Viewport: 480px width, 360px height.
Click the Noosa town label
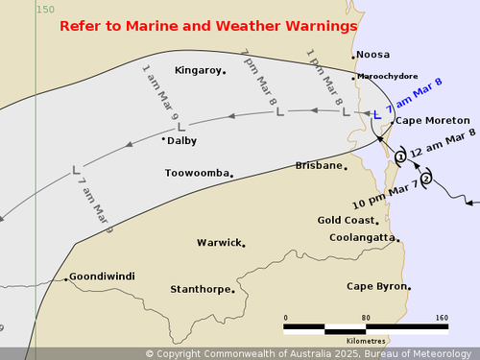373,55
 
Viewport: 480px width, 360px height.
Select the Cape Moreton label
433,121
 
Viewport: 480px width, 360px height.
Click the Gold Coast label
346,220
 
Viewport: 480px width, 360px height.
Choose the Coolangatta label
362,237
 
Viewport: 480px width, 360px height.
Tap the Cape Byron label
376,286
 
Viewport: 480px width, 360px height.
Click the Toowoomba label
197,174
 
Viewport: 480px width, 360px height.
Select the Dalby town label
181,140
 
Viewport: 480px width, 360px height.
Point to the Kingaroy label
198,70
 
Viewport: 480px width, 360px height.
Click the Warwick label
219,243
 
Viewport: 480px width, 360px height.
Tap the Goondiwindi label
102,276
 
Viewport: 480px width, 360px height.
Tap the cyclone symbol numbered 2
426,176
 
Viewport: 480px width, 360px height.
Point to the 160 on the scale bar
441,317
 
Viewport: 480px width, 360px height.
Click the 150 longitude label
45,9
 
